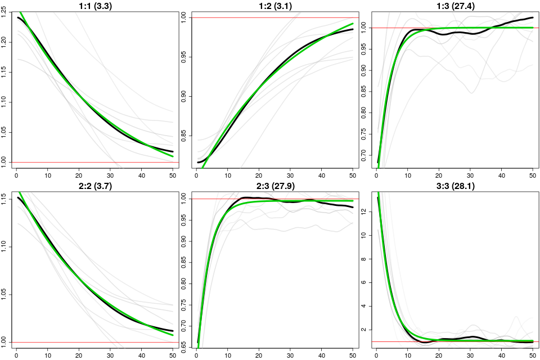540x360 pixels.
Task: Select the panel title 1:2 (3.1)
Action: [x=274, y=6]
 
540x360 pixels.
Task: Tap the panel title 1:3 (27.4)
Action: [x=455, y=6]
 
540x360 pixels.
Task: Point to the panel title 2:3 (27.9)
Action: [x=274, y=186]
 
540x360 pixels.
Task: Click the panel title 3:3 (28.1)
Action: [x=455, y=186]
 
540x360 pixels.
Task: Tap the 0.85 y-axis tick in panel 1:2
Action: [x=186, y=135]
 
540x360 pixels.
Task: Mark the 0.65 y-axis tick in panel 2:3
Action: [x=186, y=353]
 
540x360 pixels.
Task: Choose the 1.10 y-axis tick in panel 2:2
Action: [x=6, y=246]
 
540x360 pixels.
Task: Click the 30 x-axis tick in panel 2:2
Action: [x=110, y=354]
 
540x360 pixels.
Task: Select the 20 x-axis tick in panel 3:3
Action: [x=439, y=354]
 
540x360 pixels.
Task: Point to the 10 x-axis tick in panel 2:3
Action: [x=228, y=354]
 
